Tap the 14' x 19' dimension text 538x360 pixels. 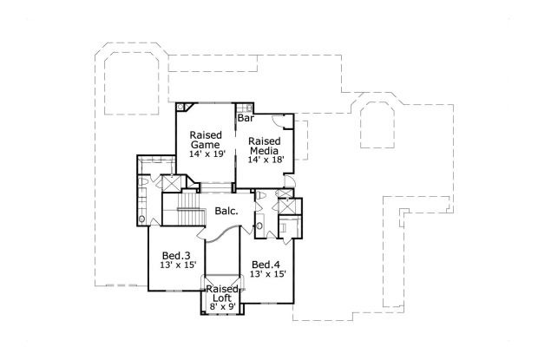(206, 154)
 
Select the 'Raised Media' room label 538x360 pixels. (264, 145)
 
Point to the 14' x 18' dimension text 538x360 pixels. (264, 160)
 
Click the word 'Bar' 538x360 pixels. (246, 118)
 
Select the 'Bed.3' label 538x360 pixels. (176, 255)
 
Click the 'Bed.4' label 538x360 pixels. (266, 264)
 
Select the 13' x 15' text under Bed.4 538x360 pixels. (267, 274)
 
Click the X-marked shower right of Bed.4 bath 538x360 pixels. (294, 207)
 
